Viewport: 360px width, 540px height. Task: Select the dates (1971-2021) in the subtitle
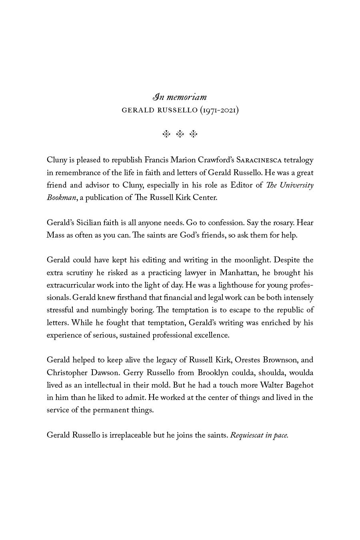(219, 110)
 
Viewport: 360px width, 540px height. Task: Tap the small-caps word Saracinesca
(259, 160)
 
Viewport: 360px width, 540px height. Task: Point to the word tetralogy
(298, 160)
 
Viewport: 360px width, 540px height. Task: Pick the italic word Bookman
(61, 198)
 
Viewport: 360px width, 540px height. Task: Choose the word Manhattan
(238, 273)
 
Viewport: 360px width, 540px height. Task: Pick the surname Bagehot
(298, 385)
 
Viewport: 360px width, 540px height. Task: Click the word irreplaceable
(130, 435)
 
